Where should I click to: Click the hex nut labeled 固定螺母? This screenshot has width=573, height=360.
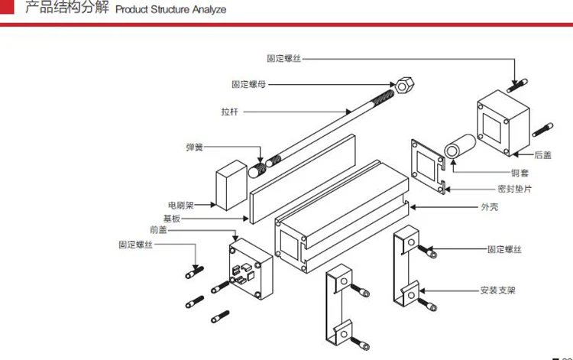[x=404, y=86]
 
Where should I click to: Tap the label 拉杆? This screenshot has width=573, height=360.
[x=229, y=112]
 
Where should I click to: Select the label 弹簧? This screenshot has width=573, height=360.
[x=194, y=147]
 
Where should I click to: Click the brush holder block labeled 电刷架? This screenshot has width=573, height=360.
[x=231, y=185]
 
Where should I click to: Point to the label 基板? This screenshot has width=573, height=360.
[x=172, y=219]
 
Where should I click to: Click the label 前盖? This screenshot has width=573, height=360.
[x=158, y=229]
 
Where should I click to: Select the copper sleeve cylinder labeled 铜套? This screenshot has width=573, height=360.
[x=460, y=147]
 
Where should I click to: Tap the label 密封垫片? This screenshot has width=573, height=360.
[x=514, y=189]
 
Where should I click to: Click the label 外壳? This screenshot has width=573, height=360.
[x=489, y=207]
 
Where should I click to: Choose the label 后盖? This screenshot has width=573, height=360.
[x=542, y=155]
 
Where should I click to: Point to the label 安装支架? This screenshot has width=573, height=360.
[x=497, y=290]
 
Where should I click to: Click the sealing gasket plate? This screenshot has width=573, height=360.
[x=428, y=167]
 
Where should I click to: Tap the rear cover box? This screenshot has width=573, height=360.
[x=503, y=123]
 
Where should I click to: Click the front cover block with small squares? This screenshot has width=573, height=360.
[x=251, y=268]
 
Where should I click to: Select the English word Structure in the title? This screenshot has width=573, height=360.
[x=171, y=9]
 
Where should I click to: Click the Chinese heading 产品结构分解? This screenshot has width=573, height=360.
[x=67, y=7]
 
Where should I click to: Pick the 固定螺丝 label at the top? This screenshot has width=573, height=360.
[x=283, y=59]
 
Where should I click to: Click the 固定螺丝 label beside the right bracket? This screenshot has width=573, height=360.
[x=504, y=249]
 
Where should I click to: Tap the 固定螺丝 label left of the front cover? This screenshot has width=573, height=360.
[x=135, y=244]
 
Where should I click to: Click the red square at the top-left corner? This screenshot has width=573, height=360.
[x=7, y=7]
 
